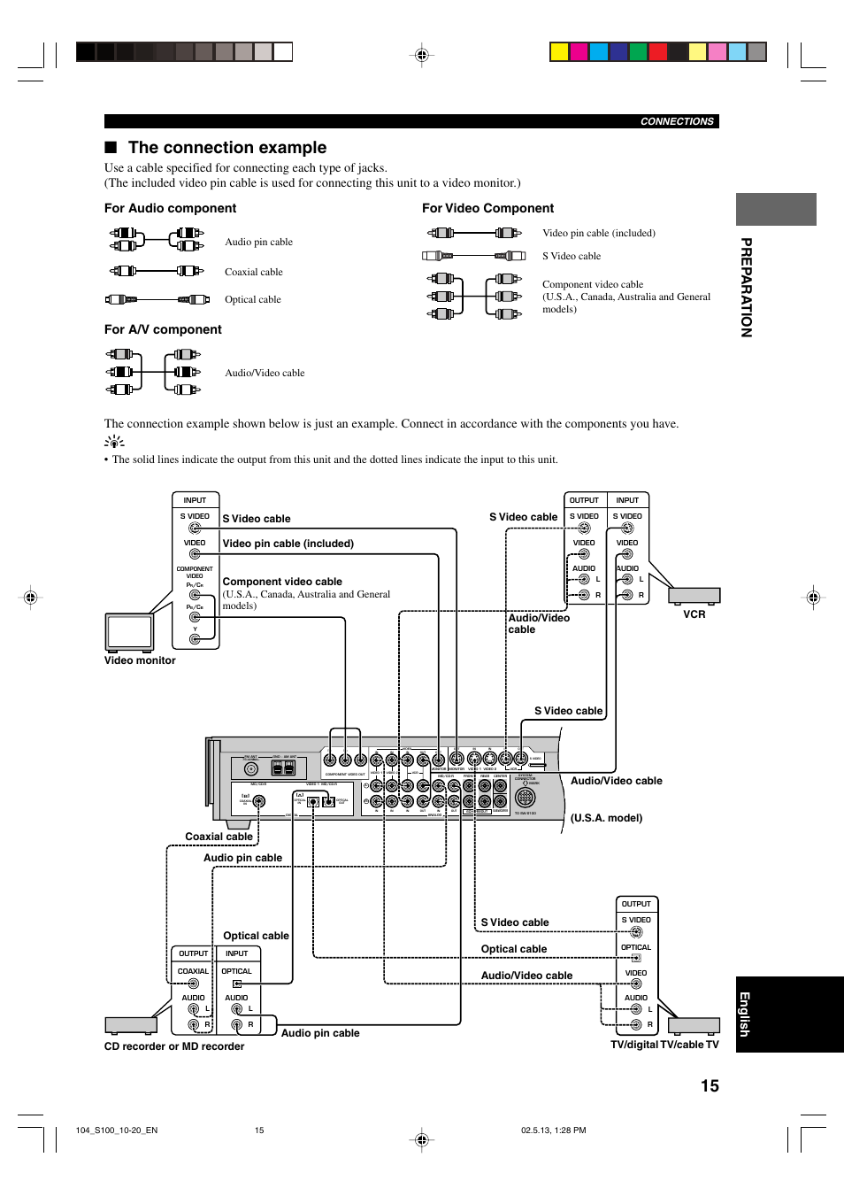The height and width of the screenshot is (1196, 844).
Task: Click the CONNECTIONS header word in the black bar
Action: click(x=677, y=121)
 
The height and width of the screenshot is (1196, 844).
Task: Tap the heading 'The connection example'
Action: click(x=226, y=148)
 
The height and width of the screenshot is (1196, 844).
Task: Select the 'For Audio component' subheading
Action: click(x=170, y=208)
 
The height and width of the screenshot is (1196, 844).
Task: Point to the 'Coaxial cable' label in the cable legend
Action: click(x=253, y=272)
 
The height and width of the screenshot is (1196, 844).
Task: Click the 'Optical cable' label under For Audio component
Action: click(x=252, y=299)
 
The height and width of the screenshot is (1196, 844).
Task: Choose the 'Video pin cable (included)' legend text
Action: click(x=598, y=233)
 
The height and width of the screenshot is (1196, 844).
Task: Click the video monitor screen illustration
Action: click(x=129, y=632)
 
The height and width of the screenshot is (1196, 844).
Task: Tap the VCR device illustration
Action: click(x=694, y=595)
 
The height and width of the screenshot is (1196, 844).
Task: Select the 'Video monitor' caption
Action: click(x=140, y=660)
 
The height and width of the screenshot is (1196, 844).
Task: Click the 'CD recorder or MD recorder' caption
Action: click(x=174, y=1046)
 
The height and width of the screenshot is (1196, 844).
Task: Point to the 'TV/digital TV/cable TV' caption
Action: click(x=664, y=1045)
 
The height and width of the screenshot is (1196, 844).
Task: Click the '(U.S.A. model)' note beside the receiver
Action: click(x=606, y=818)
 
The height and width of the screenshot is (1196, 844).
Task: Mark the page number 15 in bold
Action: click(x=710, y=1086)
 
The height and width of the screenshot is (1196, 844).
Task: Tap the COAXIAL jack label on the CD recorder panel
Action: click(x=193, y=971)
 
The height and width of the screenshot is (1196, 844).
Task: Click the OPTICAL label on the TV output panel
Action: click(x=635, y=947)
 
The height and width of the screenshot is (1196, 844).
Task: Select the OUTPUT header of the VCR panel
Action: click(x=584, y=500)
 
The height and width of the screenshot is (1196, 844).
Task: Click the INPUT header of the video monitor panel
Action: click(x=195, y=500)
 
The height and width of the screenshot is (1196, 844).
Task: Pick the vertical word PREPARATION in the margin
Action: click(x=746, y=288)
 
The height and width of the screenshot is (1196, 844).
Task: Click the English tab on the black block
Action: click(x=745, y=1014)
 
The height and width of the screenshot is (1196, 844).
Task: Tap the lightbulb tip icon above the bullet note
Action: click(x=114, y=442)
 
